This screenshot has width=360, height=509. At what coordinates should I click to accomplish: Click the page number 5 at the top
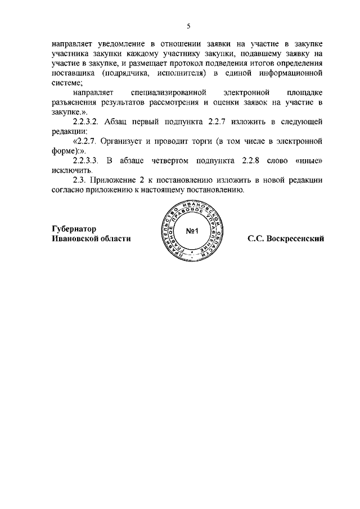pyautogui.click(x=189, y=26)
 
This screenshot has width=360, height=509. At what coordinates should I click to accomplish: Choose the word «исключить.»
pyautogui.click(x=70, y=172)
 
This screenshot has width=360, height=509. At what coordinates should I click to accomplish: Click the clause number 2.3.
pyautogui.click(x=81, y=181)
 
